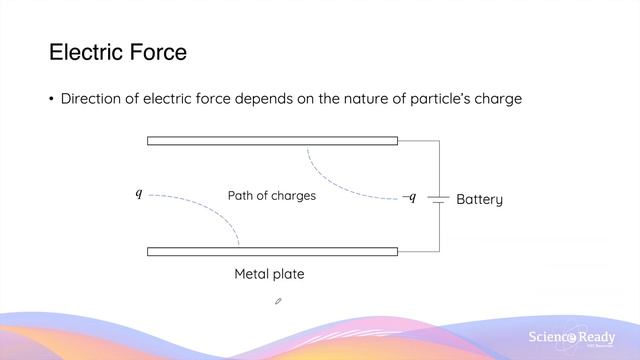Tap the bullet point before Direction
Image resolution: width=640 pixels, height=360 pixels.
click(51, 99)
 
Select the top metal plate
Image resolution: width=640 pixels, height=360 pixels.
click(272, 141)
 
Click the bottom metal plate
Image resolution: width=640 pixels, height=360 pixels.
click(272, 251)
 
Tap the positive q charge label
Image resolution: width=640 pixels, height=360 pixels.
click(139, 193)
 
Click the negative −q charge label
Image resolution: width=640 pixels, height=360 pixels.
click(408, 197)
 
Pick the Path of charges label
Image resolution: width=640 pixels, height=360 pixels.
click(271, 196)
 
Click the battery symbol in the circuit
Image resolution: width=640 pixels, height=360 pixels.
click(437, 198)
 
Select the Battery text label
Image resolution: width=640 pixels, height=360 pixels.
click(479, 199)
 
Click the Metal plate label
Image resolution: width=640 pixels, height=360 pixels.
click(269, 274)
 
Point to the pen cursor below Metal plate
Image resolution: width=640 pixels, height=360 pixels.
click(278, 299)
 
